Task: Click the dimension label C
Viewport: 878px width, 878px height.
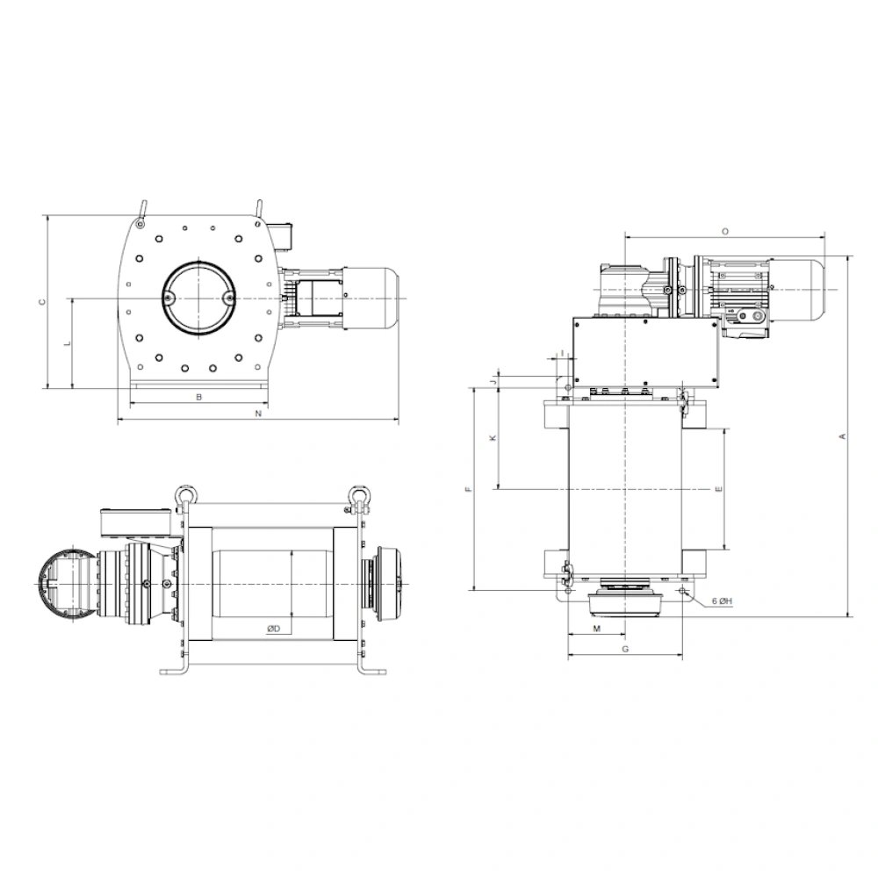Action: coord(41,302)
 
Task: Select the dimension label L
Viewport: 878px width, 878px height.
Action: coord(68,342)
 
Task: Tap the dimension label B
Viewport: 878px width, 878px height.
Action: coord(198,397)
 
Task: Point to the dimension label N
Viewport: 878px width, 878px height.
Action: coord(258,414)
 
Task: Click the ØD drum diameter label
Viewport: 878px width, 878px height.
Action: coord(273,629)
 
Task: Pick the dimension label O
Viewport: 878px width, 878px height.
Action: coord(724,231)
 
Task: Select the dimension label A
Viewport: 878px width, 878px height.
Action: coord(842,436)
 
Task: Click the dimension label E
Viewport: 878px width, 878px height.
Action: coord(719,489)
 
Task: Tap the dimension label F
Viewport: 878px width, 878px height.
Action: coord(469,489)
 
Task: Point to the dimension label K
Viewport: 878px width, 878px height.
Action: coord(493,438)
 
